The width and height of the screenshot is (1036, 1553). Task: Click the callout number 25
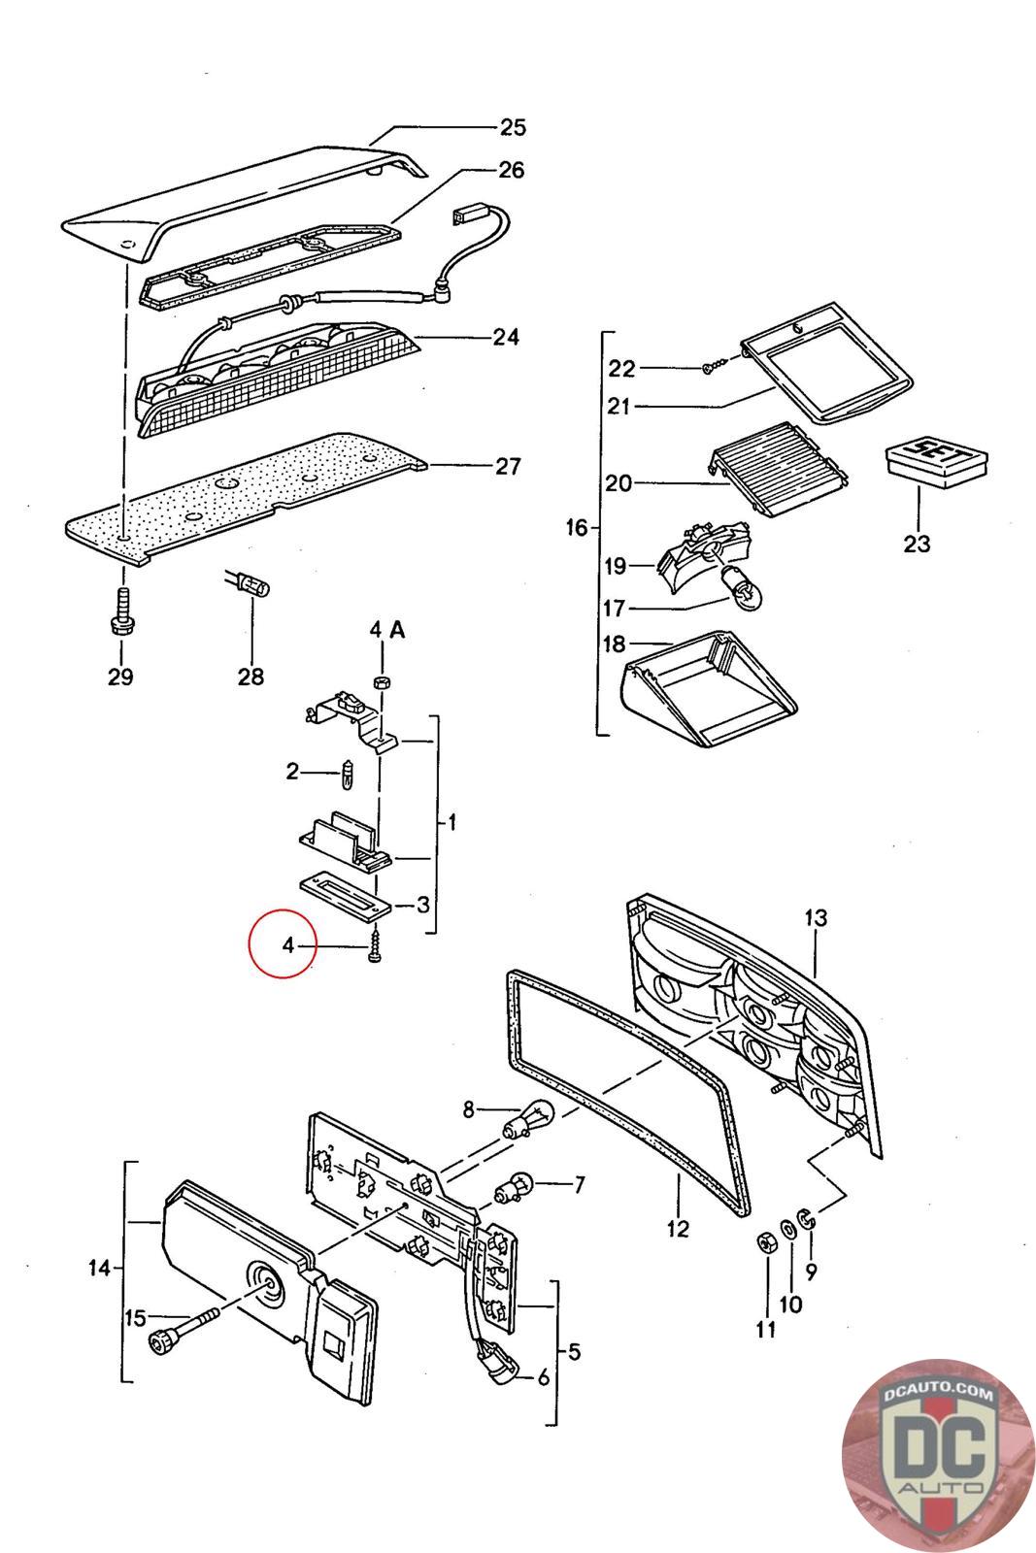[513, 127]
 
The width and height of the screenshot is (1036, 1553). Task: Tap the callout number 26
[512, 170]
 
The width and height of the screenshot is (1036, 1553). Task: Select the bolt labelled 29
[122, 611]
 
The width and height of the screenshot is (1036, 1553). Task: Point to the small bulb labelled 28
[248, 585]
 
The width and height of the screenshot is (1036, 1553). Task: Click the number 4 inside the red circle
[288, 944]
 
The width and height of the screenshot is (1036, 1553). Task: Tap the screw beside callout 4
[375, 942]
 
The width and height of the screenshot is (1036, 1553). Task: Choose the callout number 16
[576, 528]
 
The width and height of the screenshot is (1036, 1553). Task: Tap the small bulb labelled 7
[514, 1188]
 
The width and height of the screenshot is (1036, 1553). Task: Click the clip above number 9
[807, 1217]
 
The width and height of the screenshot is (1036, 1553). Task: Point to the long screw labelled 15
[184, 1332]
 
